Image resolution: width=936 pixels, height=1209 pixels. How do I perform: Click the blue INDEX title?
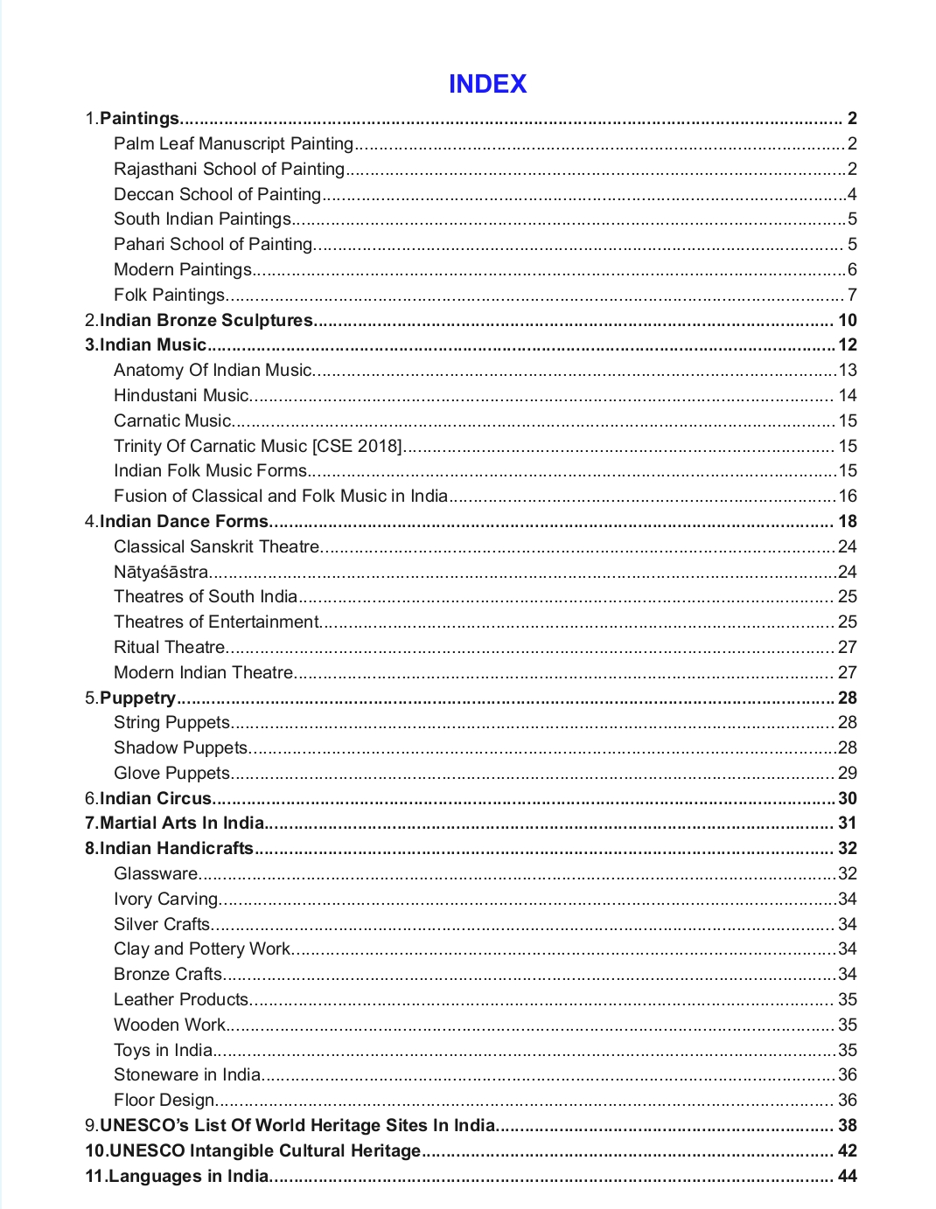[x=487, y=84]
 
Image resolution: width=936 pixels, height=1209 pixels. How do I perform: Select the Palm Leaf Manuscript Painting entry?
[x=234, y=143]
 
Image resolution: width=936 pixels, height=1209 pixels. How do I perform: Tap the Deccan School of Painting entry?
[x=218, y=194]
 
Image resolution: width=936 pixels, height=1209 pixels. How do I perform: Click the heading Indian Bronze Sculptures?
[x=206, y=320]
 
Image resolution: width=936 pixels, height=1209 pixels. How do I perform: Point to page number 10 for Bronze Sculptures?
[x=847, y=320]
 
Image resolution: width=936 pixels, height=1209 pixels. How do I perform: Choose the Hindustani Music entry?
[x=182, y=395]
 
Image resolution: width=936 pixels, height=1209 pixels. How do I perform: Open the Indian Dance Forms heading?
[x=184, y=521]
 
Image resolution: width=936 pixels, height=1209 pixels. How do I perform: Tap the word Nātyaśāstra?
[x=161, y=572]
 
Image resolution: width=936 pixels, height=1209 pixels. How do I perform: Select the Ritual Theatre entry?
[x=170, y=647]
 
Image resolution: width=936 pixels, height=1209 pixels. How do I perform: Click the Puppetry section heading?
[x=137, y=698]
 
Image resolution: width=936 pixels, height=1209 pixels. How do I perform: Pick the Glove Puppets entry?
[x=172, y=773]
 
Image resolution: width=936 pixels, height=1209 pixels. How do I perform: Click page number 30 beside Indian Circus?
[x=847, y=798]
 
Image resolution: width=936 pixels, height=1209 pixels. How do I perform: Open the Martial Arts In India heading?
[x=182, y=823]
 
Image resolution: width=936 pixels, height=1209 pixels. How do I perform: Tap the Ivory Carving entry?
[x=166, y=899]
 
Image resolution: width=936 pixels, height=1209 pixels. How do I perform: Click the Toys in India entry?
[x=164, y=1050]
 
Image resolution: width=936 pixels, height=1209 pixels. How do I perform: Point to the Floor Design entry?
[x=164, y=1100]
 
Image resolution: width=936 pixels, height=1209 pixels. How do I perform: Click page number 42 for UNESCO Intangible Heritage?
[x=847, y=1150]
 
